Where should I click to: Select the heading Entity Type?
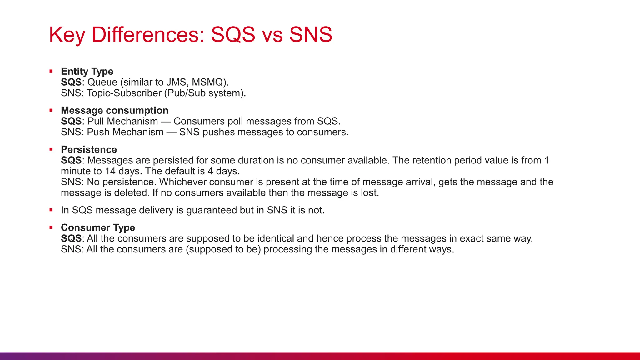click(x=87, y=71)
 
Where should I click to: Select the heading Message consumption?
click(x=114, y=110)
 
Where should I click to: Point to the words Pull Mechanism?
click(x=122, y=121)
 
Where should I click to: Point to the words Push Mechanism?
click(x=125, y=132)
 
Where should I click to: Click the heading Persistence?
click(x=89, y=149)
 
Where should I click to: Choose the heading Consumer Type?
click(x=98, y=227)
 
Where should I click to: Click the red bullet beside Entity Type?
click(x=51, y=71)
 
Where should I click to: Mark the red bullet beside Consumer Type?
click(x=51, y=227)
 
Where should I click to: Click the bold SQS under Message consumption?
click(x=71, y=121)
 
